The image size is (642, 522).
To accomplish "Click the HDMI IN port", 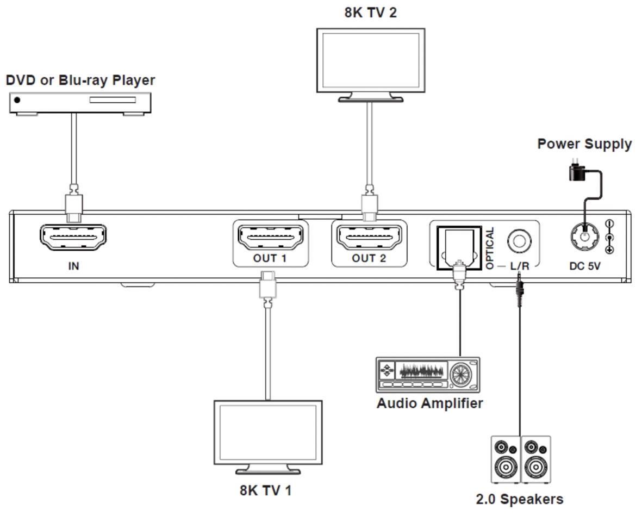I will point(73,237).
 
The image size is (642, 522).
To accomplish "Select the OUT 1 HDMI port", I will point(270,237).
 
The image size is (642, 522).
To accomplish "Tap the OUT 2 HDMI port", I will point(369,237).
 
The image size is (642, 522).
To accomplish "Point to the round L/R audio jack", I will point(519,240).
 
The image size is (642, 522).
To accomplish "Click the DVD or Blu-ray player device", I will point(80,102).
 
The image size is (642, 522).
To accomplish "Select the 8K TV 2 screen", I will point(371,61).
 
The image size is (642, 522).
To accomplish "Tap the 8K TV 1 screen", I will point(268,433).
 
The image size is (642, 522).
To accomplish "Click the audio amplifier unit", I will point(428,375).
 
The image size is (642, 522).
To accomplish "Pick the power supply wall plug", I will point(576,171).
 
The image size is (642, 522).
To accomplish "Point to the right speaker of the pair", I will point(536,459).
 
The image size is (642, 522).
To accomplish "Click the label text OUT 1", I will point(270,258).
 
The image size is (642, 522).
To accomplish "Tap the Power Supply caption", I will point(584,144).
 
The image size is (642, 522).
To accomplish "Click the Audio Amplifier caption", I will point(429,403).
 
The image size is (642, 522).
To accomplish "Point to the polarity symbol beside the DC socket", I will point(609,237).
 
